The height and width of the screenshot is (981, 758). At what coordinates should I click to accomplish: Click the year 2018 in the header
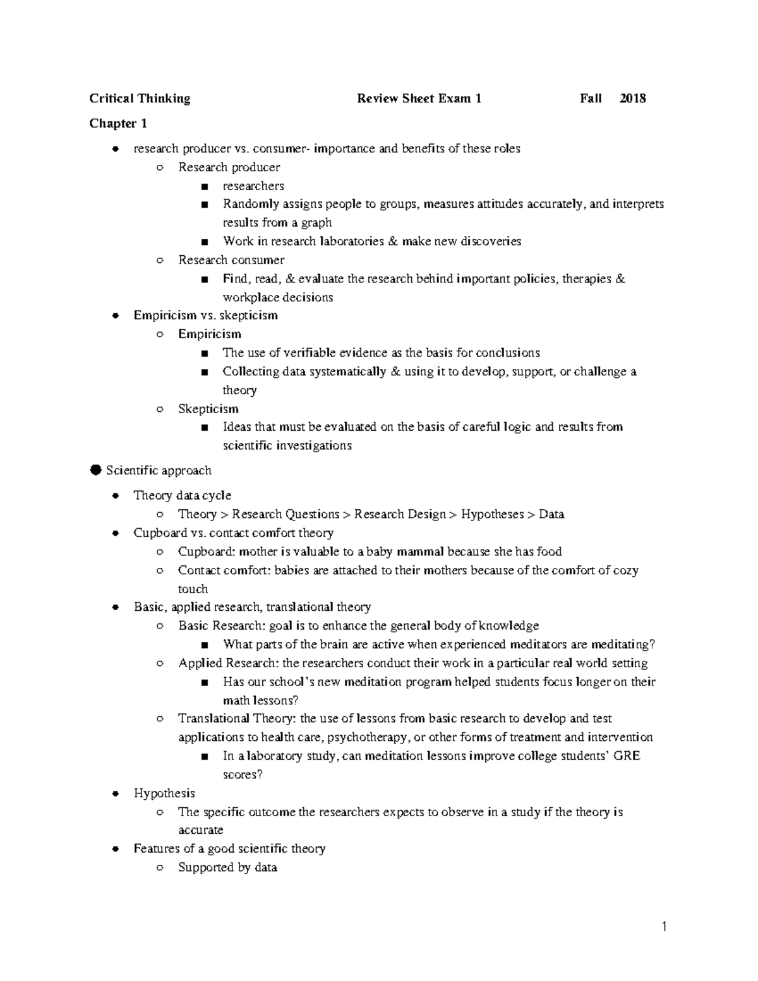click(632, 99)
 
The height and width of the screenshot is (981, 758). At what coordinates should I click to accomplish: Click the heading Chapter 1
click(118, 123)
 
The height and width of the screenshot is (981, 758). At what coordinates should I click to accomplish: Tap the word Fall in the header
click(591, 99)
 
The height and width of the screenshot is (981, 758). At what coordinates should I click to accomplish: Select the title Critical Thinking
click(140, 99)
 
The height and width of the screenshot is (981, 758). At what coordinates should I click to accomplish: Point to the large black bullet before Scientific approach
click(95, 470)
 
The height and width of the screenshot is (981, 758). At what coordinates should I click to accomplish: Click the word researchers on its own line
click(253, 186)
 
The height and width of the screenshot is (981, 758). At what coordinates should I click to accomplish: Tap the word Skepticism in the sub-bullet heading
click(208, 409)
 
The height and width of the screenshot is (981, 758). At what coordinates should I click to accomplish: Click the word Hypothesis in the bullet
click(164, 793)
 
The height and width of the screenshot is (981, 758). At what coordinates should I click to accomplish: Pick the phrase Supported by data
click(227, 867)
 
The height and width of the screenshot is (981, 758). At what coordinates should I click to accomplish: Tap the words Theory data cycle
click(183, 495)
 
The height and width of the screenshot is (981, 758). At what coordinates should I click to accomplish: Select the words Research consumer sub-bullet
click(231, 260)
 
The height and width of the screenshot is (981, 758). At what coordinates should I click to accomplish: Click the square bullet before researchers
click(203, 186)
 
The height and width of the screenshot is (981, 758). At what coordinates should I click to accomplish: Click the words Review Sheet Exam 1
click(419, 99)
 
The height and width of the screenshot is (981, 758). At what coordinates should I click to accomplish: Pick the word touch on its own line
click(193, 589)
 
